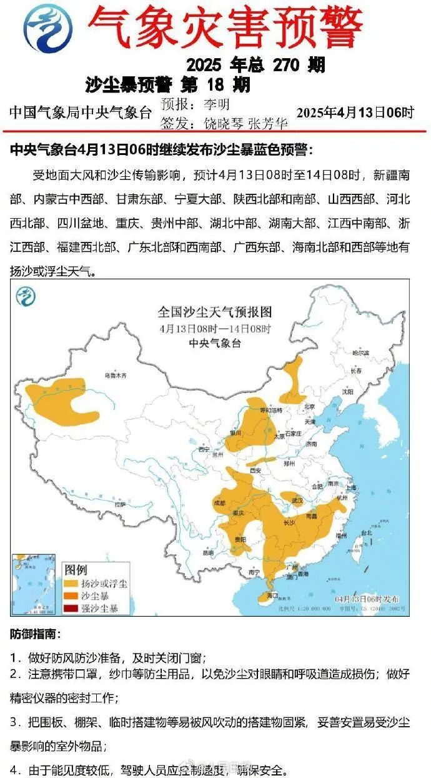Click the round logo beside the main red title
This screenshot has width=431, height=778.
point(47,27)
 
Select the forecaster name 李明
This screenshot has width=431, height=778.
point(217,103)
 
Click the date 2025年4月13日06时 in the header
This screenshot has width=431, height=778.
point(355,112)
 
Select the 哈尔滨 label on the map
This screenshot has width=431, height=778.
point(360,353)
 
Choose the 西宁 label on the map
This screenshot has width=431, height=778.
point(202,449)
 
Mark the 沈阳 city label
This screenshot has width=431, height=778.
point(347,392)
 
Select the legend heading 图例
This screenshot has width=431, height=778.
point(76,570)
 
